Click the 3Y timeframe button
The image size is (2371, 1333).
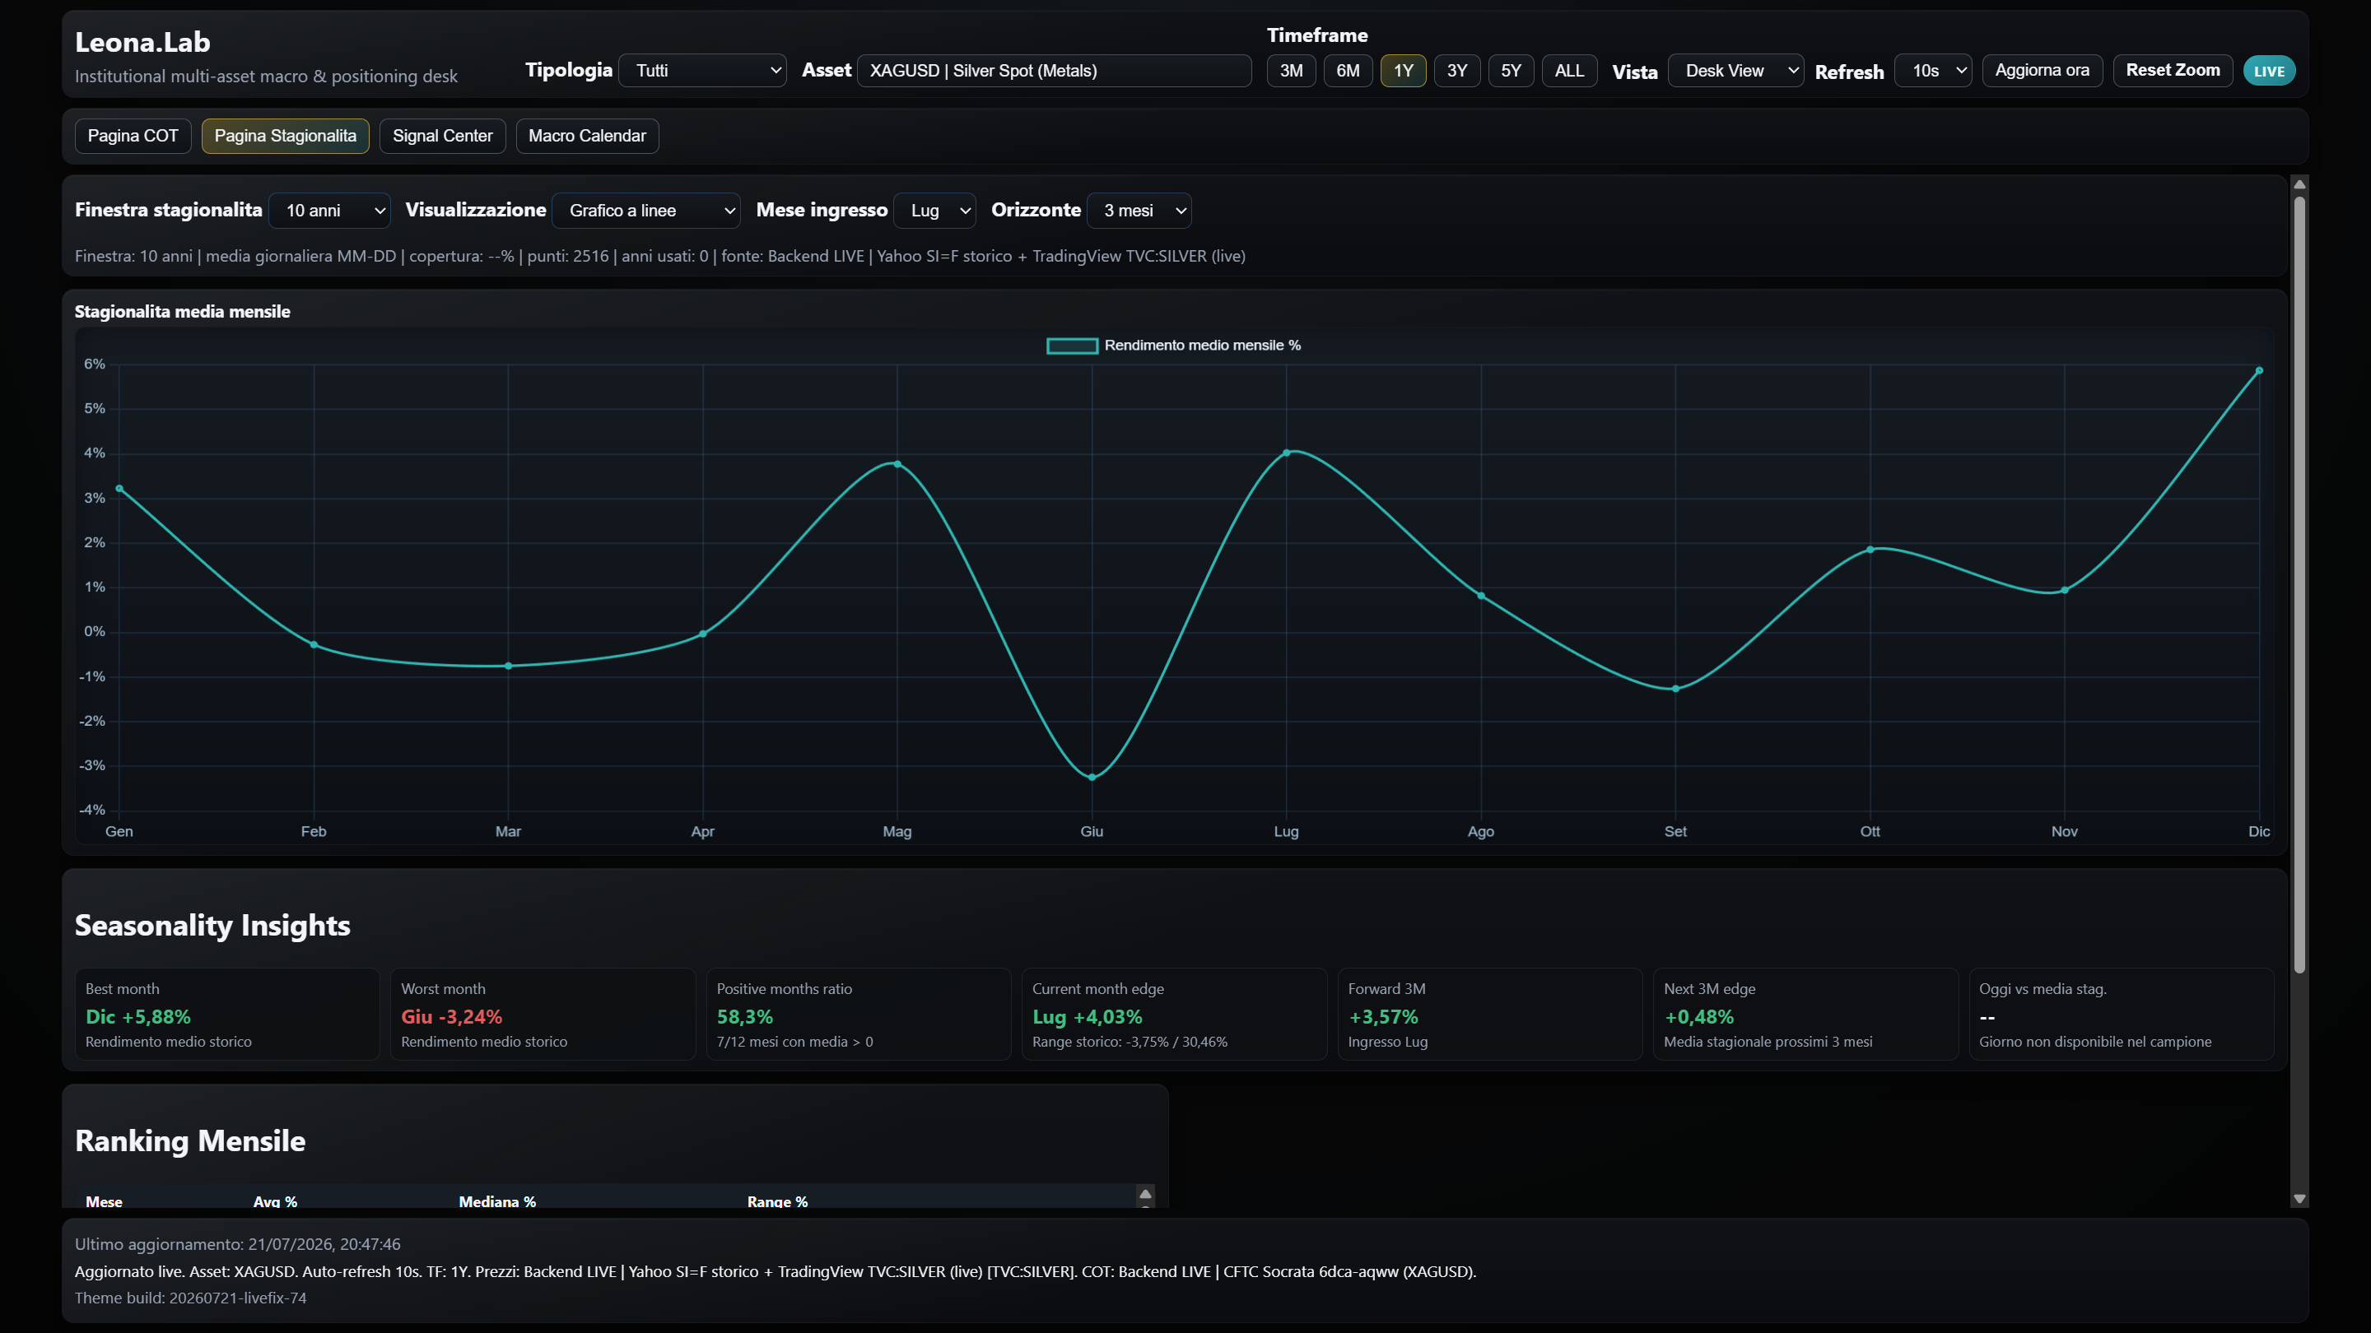point(1456,71)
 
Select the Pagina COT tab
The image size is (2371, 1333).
point(133,136)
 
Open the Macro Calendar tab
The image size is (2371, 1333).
point(587,136)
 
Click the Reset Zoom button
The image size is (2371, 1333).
point(2173,70)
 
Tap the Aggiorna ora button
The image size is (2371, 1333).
point(2042,70)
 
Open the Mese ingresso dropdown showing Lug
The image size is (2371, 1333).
point(935,211)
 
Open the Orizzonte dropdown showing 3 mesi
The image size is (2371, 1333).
point(1139,211)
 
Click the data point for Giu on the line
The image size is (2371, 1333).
point(1092,778)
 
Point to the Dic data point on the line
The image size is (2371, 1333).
point(2259,371)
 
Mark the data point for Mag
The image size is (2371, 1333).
point(897,463)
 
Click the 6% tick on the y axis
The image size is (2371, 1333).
point(95,365)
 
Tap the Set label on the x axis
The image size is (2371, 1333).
point(1675,832)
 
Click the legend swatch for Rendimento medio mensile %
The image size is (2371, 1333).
point(1072,346)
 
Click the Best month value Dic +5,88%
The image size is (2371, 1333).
point(138,1016)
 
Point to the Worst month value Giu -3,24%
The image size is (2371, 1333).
point(452,1016)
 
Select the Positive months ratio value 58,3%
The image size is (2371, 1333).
point(744,1016)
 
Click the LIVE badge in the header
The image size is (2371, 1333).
point(2269,71)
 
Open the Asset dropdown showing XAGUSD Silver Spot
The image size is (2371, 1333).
point(1054,71)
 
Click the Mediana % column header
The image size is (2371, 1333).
point(497,1201)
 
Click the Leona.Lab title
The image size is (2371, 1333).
point(142,42)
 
